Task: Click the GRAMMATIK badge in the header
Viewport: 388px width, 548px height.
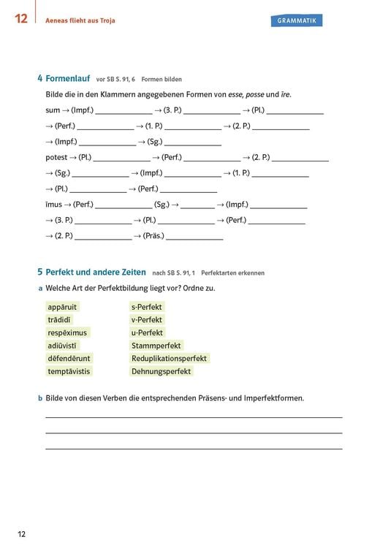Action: [297, 20]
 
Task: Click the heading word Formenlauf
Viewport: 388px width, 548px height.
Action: [68, 78]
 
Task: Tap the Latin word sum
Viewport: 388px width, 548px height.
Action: [53, 110]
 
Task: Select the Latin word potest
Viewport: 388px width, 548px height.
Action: [56, 157]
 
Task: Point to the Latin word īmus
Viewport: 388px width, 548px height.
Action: [53, 205]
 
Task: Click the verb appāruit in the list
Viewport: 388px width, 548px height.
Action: [62, 307]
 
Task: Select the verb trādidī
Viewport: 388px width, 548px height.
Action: [59, 320]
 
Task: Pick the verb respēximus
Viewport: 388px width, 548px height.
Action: [66, 332]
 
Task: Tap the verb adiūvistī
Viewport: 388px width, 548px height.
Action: [62, 346]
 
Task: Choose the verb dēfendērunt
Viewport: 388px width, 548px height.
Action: [69, 359]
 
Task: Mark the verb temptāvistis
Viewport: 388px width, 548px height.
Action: [69, 371]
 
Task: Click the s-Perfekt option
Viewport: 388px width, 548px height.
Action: [147, 307]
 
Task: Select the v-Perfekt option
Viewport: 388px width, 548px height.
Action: [147, 320]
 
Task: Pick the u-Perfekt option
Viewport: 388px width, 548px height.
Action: [147, 332]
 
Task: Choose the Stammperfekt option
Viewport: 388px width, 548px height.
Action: [156, 346]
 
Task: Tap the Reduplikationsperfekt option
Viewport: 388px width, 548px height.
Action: [170, 359]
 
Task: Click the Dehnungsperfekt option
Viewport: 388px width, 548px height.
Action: [161, 371]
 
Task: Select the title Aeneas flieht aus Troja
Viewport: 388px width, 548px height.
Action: [82, 20]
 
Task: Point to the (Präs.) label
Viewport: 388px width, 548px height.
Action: [153, 236]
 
